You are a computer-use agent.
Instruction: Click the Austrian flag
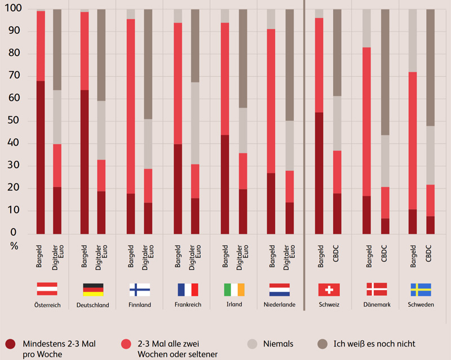pyautogui.click(x=47, y=289)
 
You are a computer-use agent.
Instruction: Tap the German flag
pyautogui.click(x=93, y=289)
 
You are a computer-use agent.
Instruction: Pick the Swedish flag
pyautogui.click(x=421, y=289)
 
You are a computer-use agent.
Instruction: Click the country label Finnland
pyautogui.click(x=139, y=305)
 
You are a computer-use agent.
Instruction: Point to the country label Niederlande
pyautogui.click(x=279, y=305)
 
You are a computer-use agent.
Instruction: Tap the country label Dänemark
pyautogui.click(x=377, y=305)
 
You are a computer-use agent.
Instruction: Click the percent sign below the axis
pyautogui.click(x=15, y=246)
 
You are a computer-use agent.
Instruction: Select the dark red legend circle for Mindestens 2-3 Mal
pyautogui.click(x=10, y=343)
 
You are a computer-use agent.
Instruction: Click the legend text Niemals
pyautogui.click(x=278, y=343)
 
